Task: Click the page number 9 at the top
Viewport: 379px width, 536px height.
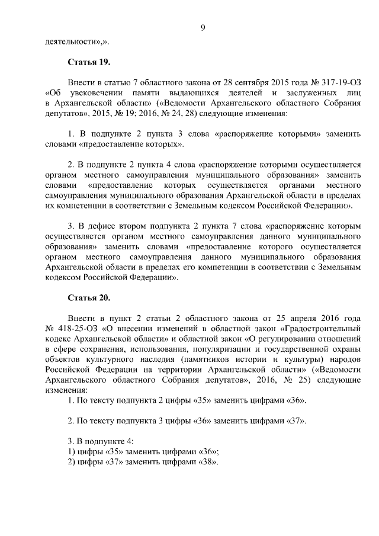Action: [x=203, y=28]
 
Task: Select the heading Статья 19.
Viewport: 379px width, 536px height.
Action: [x=89, y=62]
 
